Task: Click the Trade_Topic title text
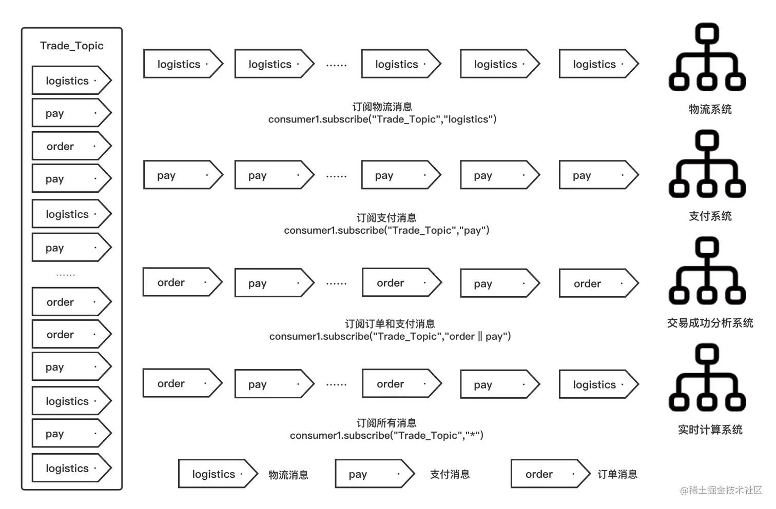click(72, 46)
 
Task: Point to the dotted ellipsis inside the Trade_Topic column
click(66, 275)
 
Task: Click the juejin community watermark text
click(721, 490)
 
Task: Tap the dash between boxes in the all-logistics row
click(336, 65)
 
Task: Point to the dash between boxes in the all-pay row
click(336, 176)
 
